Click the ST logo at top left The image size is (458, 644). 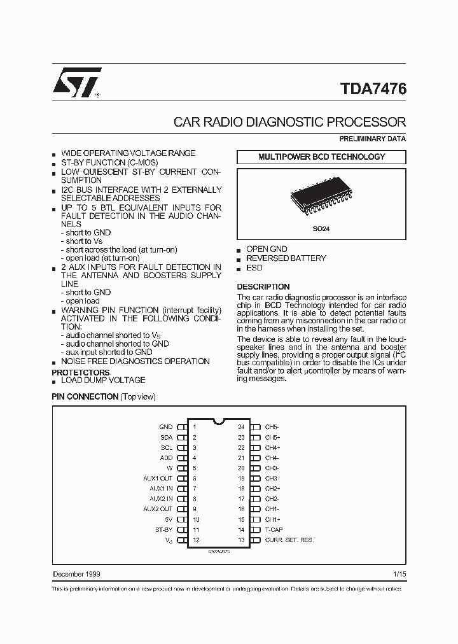click(x=75, y=83)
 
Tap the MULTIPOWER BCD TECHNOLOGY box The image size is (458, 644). click(x=321, y=157)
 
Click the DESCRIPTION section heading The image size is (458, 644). click(x=263, y=287)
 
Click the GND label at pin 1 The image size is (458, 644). click(x=165, y=426)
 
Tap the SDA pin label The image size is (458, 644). click(x=166, y=437)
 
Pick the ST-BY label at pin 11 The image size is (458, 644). click(x=163, y=529)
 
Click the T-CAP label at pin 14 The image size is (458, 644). click(x=274, y=529)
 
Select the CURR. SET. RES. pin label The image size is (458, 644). click(x=289, y=540)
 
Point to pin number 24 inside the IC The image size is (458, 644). click(x=241, y=426)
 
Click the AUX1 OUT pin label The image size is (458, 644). click(x=158, y=479)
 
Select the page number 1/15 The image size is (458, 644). click(x=399, y=575)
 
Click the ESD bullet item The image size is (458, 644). click(x=254, y=268)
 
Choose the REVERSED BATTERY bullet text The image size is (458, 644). click(x=286, y=258)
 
